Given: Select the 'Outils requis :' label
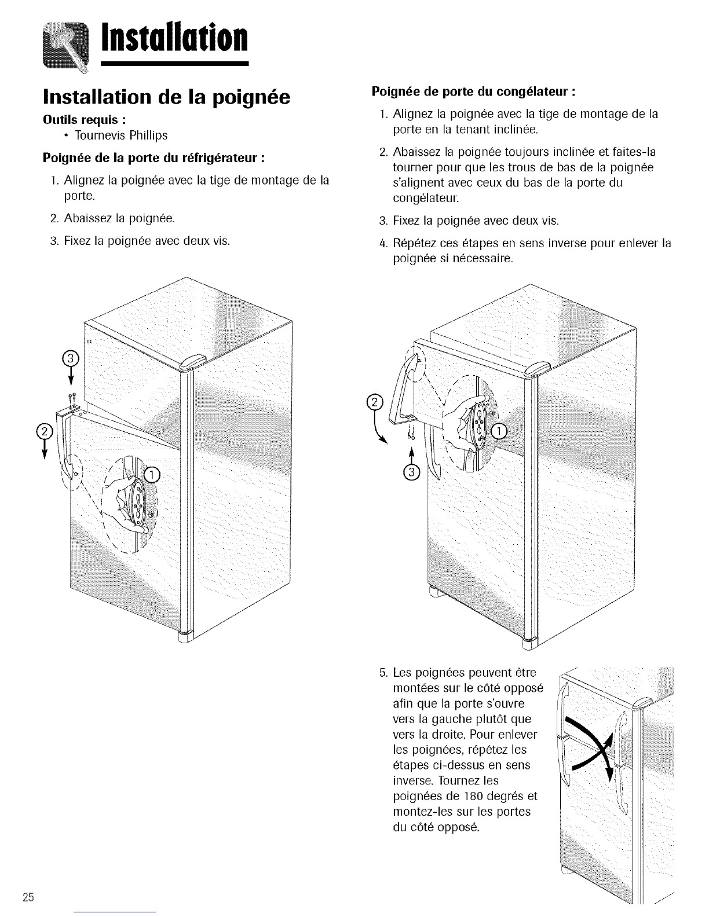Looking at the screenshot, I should pyautogui.click(x=85, y=119).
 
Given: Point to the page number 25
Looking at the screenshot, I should pyautogui.click(x=27, y=898).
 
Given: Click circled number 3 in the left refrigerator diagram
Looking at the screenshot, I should pyautogui.click(x=70, y=359).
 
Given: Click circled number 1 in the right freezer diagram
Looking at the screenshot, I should pyautogui.click(x=498, y=431).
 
